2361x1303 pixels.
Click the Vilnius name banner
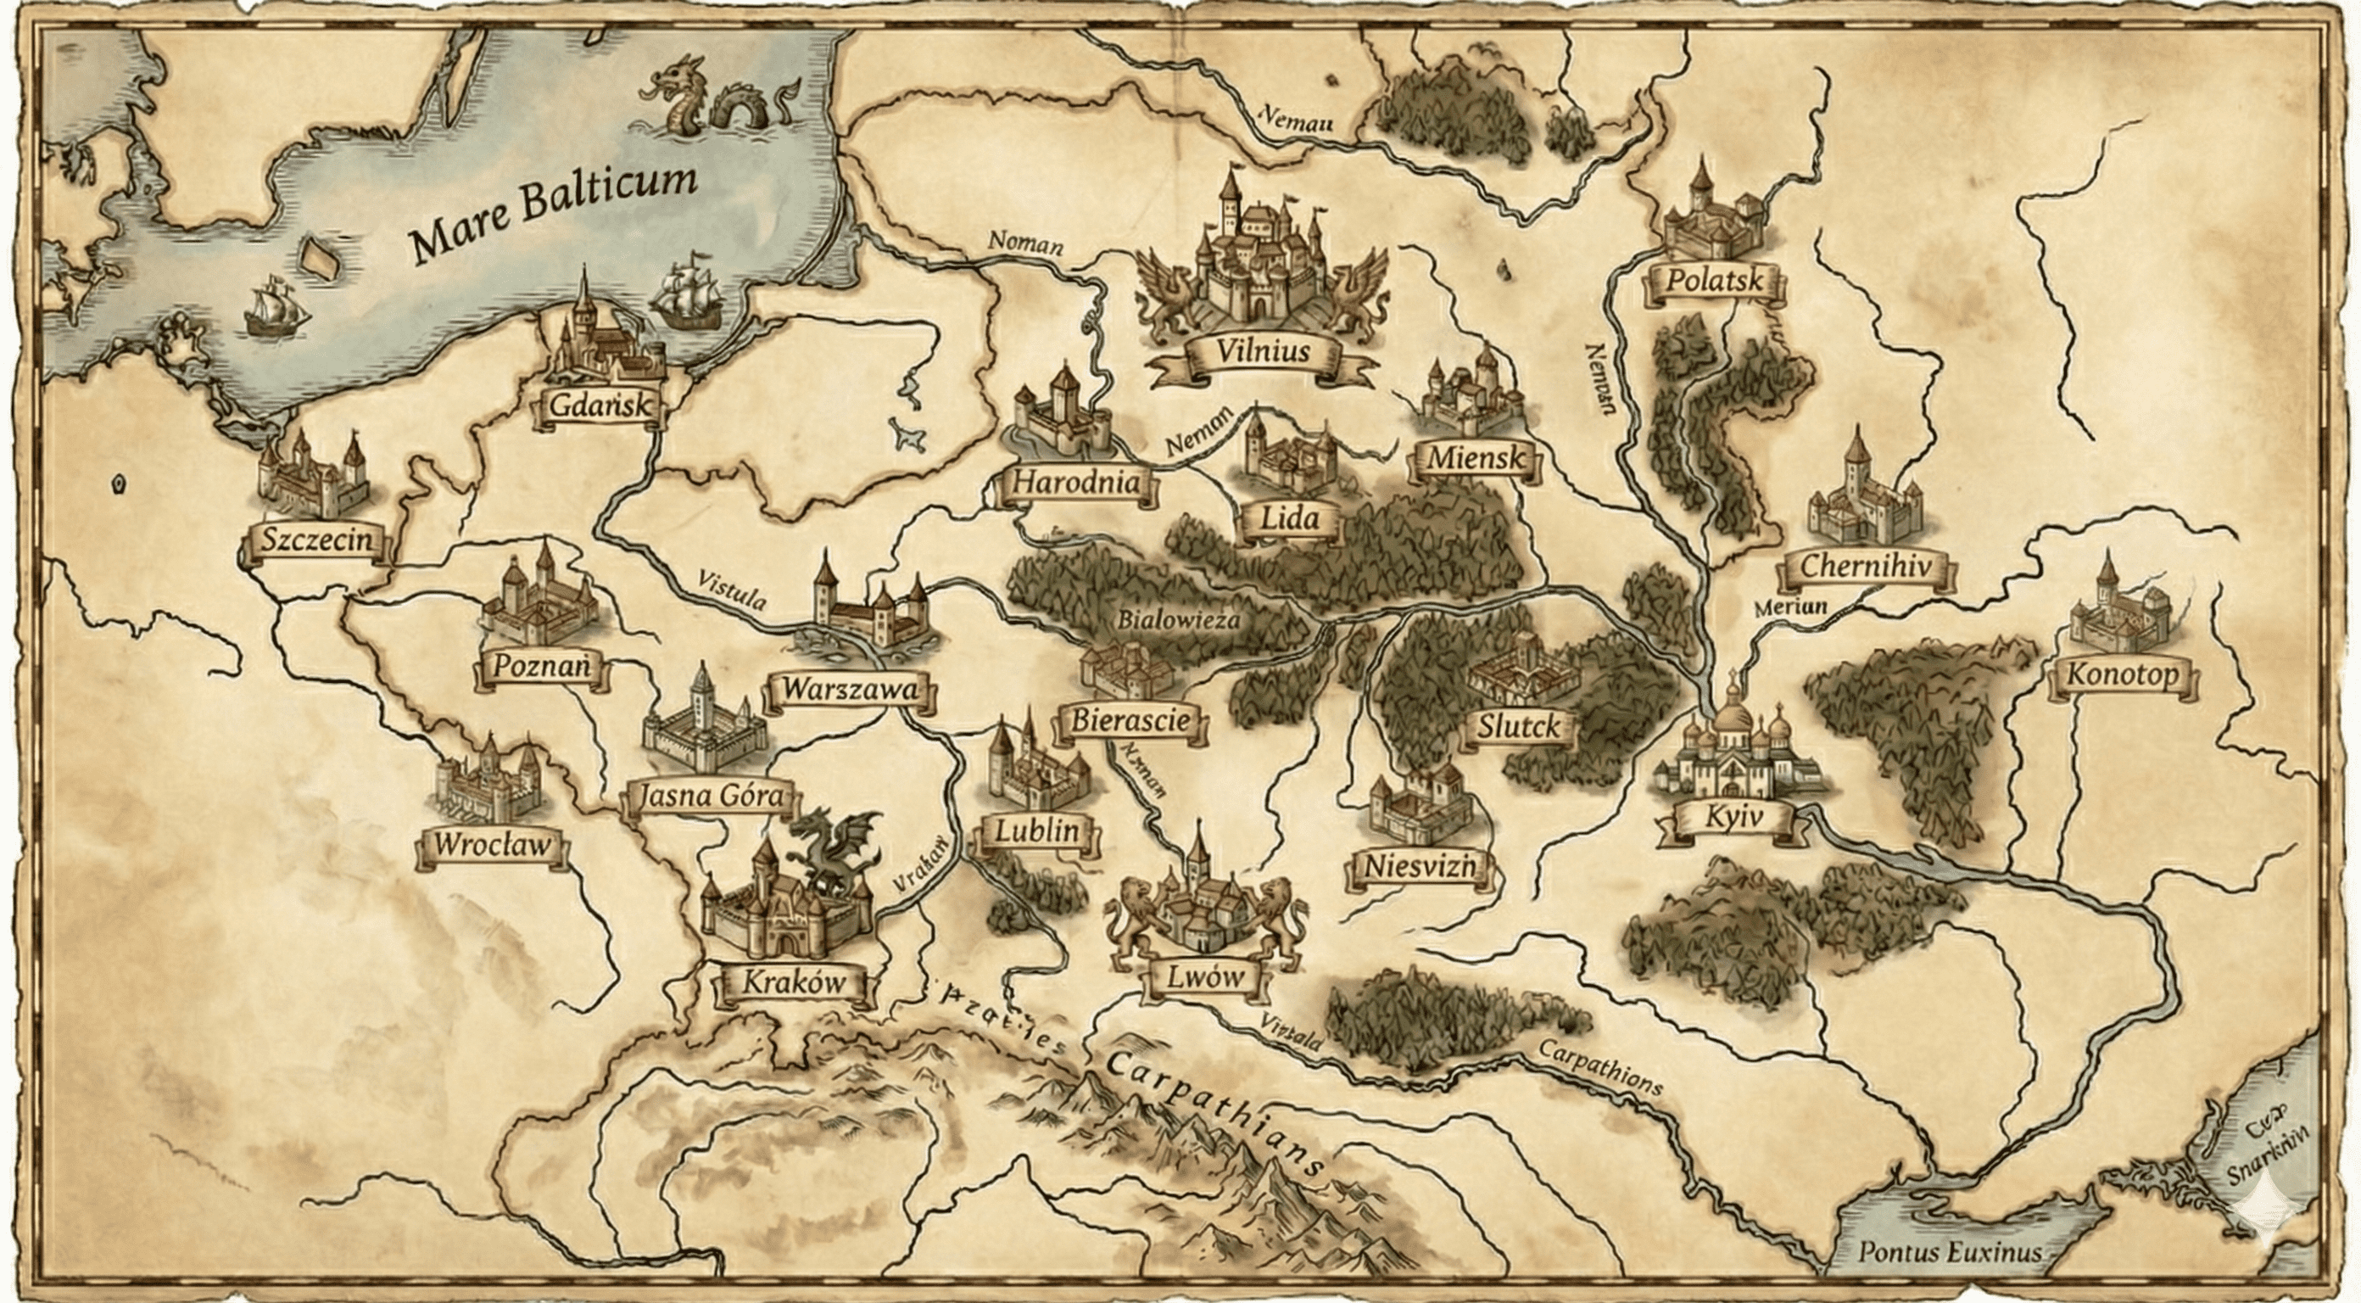click(1262, 351)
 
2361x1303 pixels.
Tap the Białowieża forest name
click(1178, 620)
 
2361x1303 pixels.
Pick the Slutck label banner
click(1518, 727)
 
